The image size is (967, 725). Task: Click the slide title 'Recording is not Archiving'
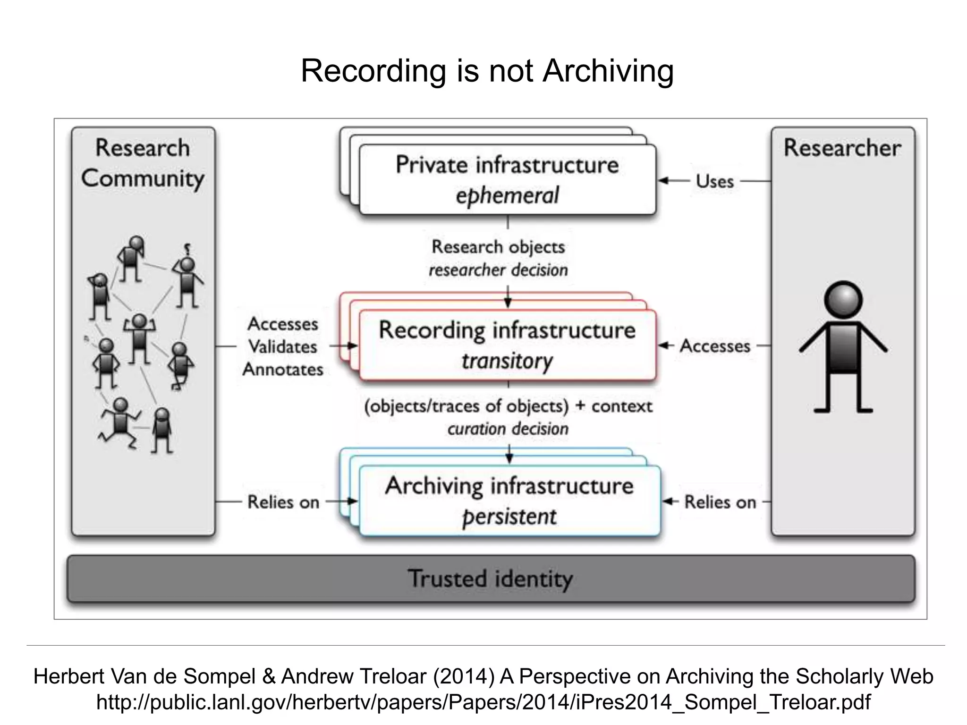(487, 71)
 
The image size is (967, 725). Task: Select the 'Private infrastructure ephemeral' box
(507, 180)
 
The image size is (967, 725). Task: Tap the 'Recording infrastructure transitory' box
(507, 345)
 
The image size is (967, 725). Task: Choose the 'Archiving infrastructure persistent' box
(509, 501)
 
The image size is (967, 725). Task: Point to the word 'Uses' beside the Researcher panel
(714, 181)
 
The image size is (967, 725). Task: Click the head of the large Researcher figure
(843, 300)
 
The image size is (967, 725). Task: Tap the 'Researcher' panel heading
(842, 148)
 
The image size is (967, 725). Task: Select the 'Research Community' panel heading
(143, 163)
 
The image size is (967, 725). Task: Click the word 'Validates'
(282, 347)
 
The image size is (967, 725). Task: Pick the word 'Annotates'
(282, 370)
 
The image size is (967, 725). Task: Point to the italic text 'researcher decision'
(498, 270)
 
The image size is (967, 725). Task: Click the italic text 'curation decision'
(508, 429)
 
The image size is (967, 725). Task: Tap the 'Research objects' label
(498, 247)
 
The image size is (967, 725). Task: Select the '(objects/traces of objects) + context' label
(508, 406)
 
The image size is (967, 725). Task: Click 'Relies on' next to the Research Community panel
(283, 502)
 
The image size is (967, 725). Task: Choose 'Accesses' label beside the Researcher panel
(715, 346)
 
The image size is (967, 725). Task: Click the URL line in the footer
(483, 702)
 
